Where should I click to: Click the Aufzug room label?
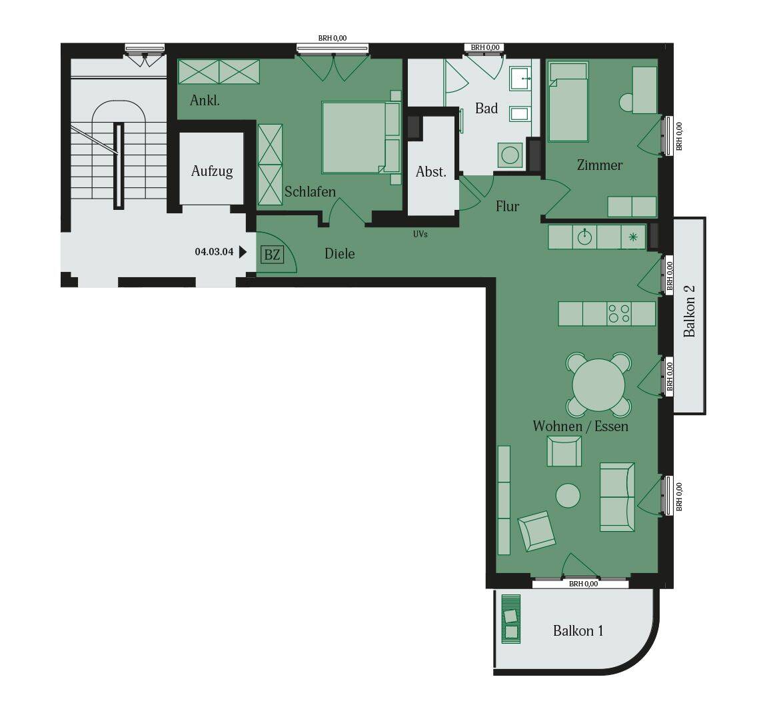pos(212,171)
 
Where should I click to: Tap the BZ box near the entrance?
pos(271,255)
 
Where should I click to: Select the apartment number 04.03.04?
pos(213,252)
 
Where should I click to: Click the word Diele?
pos(339,254)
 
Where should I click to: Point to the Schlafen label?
pos(310,192)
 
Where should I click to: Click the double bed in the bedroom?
pos(359,137)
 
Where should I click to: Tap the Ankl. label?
pos(205,101)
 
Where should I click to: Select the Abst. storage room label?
pos(430,172)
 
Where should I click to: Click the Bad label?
pos(486,109)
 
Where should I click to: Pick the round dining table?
pos(598,385)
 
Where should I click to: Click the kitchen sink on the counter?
pos(584,237)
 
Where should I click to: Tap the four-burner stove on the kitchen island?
pos(618,313)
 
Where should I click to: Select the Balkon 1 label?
pos(578,630)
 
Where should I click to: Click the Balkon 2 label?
pos(689,311)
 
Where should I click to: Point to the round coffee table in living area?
pos(568,495)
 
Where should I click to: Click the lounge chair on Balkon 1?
pos(511,618)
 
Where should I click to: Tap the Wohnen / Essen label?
pos(580,426)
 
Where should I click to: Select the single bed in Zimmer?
pos(568,103)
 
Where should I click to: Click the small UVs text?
pos(420,235)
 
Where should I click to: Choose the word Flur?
pos(507,207)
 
